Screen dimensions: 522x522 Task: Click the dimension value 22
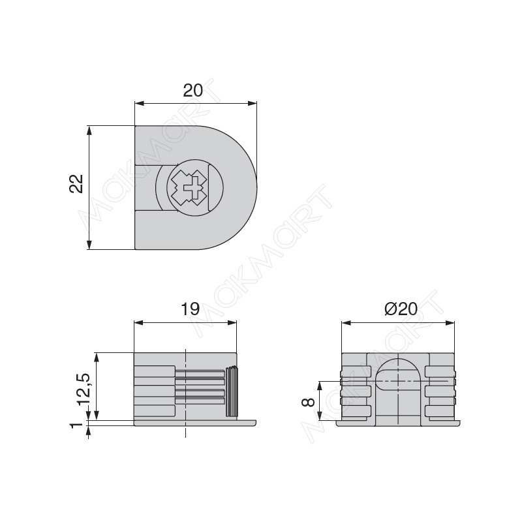point(76,183)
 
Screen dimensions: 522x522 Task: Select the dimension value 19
point(190,309)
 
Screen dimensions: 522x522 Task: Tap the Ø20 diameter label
point(401,309)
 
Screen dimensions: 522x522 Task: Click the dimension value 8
point(308,402)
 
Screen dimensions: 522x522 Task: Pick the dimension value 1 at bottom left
point(77,425)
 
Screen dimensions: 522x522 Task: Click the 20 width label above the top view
point(192,91)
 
